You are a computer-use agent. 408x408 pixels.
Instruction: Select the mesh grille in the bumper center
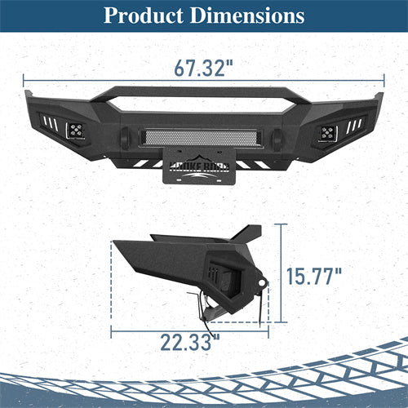203,136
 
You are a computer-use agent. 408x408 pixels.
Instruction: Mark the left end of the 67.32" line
24,80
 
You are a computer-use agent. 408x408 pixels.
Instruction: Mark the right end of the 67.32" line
384,80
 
